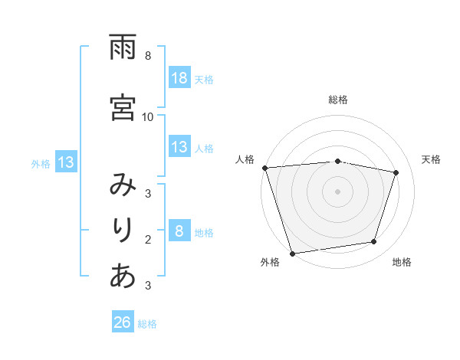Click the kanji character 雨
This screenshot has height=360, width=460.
click(123, 48)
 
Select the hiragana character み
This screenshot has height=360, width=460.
click(123, 185)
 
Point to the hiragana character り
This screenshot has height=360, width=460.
click(123, 229)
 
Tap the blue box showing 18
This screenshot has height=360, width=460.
click(179, 79)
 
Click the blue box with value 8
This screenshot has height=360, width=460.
click(179, 232)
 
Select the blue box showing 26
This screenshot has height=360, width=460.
click(123, 323)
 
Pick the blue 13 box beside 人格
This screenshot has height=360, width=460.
click(179, 148)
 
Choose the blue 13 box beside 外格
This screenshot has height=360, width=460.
click(65, 162)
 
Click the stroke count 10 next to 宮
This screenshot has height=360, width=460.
click(148, 116)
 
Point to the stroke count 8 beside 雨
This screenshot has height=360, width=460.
click(148, 56)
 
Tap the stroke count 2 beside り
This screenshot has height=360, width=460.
click(148, 240)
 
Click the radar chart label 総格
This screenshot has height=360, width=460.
click(338, 100)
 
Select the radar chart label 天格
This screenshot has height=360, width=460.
click(431, 159)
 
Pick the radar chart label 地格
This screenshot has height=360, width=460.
click(402, 262)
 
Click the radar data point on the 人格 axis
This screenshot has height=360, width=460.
click(264, 168)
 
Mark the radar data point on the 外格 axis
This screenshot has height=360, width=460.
click(292, 253)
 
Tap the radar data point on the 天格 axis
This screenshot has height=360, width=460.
click(396, 172)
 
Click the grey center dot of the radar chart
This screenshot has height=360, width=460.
click(337, 191)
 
